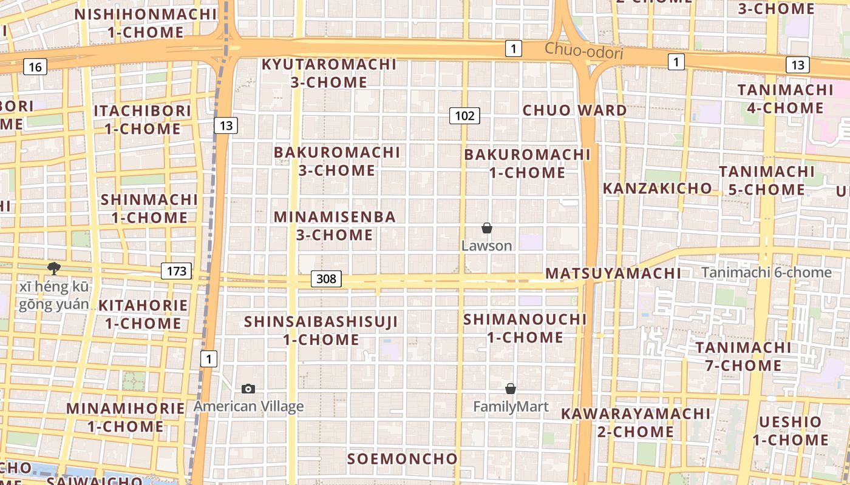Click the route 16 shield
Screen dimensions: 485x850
tap(35, 67)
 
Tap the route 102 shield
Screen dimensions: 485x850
tap(464, 115)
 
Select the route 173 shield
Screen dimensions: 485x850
tap(176, 271)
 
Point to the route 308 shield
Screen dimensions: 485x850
tap(326, 279)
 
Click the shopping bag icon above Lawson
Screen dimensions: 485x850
tap(486, 228)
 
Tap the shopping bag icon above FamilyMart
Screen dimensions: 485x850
tap(511, 389)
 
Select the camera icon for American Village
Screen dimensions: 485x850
tap(248, 389)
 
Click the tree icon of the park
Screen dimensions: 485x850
tap(54, 269)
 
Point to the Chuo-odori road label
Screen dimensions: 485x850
tap(583, 52)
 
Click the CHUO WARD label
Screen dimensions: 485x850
tap(574, 110)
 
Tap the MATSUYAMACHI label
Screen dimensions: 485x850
tap(613, 273)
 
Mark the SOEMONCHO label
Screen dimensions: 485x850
tap(402, 459)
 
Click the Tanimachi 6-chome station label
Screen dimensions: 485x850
tap(766, 273)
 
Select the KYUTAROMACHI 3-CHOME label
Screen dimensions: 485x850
tap(328, 73)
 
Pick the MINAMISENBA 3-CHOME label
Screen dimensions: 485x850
tap(335, 226)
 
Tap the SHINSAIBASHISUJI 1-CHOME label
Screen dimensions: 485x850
tap(321, 330)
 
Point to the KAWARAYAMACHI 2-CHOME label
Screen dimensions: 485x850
tap(635, 423)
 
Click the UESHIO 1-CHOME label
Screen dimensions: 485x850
tap(790, 430)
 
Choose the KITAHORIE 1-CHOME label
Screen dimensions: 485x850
tap(143, 314)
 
